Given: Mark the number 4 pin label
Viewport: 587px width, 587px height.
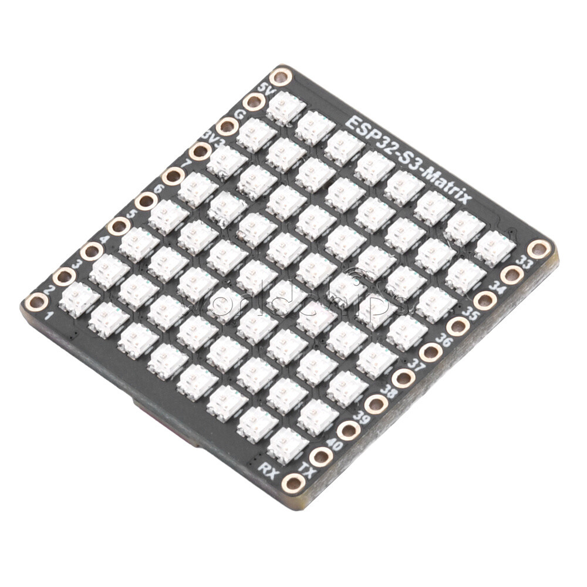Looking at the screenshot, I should [105, 239].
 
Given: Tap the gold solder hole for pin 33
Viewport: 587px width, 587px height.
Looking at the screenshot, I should [538, 248].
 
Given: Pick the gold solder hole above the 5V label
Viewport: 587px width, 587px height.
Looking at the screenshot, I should [282, 76].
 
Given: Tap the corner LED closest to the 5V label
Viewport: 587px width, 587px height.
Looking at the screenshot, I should [286, 107].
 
